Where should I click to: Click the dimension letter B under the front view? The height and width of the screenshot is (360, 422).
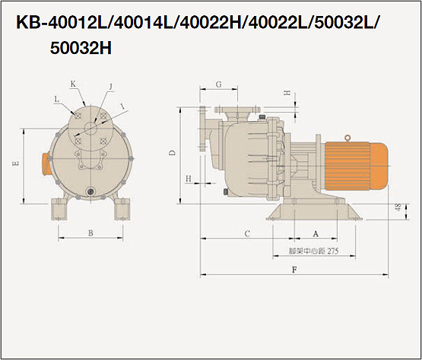pos(90,233)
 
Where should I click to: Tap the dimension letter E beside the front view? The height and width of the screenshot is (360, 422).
pos(16,163)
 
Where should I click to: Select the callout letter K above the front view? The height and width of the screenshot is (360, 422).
pos(73,84)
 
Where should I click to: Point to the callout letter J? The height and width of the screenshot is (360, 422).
pos(110,87)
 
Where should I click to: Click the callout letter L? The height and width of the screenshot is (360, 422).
pos(56,99)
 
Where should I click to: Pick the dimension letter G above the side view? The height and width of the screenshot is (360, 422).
pos(219,84)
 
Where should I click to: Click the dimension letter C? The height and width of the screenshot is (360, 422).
pos(247,234)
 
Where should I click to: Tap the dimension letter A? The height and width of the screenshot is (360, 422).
pos(316,234)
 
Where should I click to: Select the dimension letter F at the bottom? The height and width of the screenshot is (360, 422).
pos(295,269)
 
